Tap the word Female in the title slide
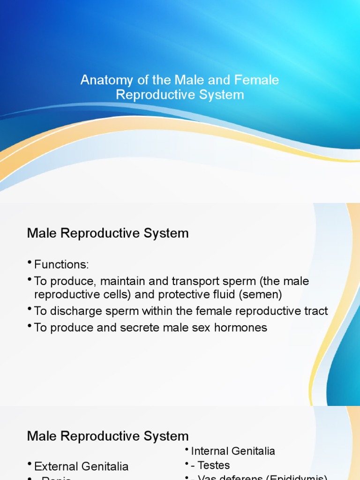(x=259, y=80)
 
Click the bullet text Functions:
(x=61, y=265)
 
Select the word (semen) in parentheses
(x=267, y=295)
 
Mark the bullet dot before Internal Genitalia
(x=187, y=450)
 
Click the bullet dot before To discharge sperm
(x=30, y=309)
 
